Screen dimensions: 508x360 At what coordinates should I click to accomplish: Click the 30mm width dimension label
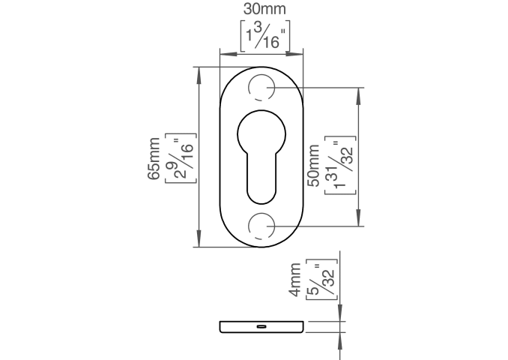pos(264,9)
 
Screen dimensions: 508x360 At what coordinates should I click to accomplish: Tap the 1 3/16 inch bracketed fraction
pos(265,36)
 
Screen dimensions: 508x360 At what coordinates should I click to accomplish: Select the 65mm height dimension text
pos(154,158)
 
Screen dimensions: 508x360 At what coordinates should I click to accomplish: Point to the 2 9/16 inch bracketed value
pos(181,158)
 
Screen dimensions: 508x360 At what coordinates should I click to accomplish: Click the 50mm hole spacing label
pos(313,166)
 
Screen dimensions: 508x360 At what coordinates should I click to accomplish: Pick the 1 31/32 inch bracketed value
pos(340,166)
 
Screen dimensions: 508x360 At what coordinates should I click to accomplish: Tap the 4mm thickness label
pos(294,280)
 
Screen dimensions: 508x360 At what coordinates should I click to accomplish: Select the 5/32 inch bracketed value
pos(321,280)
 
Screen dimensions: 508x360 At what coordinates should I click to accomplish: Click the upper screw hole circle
pos(261,88)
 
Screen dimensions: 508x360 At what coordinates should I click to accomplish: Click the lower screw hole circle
pos(261,226)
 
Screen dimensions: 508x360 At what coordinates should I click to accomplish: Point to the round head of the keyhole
pos(261,134)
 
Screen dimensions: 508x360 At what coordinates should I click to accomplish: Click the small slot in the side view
pos(261,326)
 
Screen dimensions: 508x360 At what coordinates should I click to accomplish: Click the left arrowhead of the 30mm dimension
pos(227,54)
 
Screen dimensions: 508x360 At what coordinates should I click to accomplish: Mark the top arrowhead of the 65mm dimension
pos(199,74)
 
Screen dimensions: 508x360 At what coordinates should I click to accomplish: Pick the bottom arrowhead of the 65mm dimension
pos(199,240)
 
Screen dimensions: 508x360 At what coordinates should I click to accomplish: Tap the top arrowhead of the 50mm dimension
pos(358,95)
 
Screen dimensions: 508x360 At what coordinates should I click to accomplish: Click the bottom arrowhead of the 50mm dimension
pos(358,218)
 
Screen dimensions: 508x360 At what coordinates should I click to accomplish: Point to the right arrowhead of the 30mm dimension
pos(295,54)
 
